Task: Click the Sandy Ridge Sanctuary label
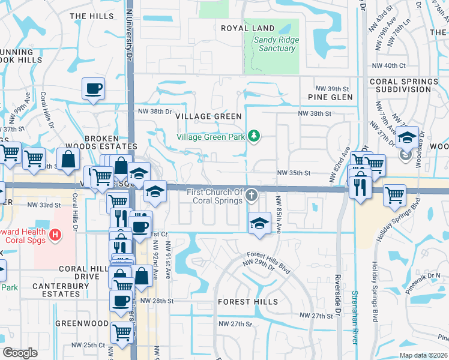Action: [277, 44]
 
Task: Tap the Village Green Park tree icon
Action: [255, 136]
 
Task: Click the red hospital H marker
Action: [55, 234]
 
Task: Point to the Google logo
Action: [19, 353]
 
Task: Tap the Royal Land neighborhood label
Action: [247, 28]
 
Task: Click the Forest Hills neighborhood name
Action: [247, 301]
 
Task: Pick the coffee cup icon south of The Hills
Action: [93, 89]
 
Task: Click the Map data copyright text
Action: [423, 355]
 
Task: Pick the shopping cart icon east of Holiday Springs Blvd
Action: [394, 194]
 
